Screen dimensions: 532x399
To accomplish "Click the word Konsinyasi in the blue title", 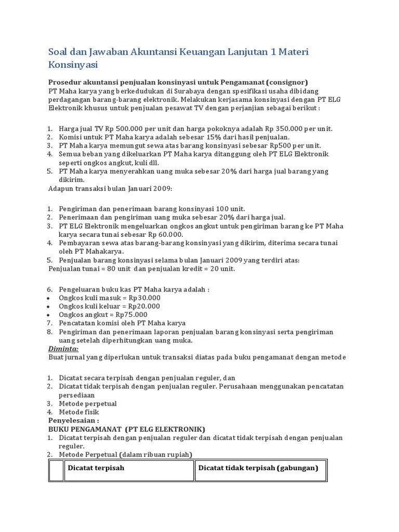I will (x=73, y=65).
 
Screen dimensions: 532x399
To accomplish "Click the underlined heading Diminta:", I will (x=63, y=349).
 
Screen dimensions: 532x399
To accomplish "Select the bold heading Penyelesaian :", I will (x=73, y=420).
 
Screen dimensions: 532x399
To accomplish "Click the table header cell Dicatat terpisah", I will (x=96, y=468).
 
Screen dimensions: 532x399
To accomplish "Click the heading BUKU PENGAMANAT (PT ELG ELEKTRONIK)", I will (x=127, y=429).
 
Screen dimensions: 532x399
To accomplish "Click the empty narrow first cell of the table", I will (x=56, y=471).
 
